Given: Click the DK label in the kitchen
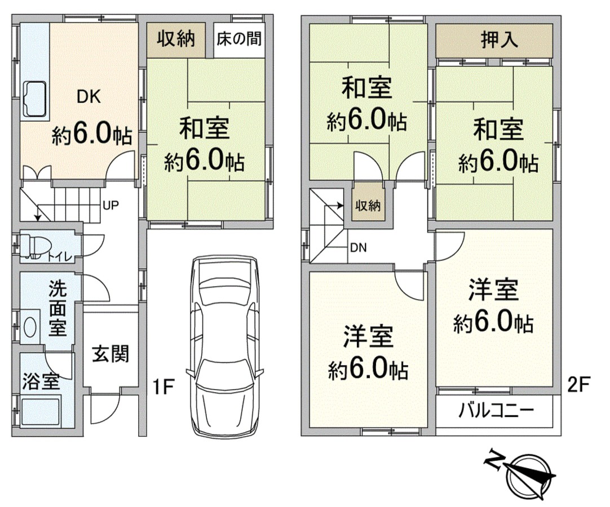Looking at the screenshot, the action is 89,97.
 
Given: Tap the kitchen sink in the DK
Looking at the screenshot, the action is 36,99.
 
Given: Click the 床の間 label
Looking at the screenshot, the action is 239,38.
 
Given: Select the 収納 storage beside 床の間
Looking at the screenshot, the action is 176,39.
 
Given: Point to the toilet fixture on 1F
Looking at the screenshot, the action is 36,246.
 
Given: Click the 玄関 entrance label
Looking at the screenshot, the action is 110,354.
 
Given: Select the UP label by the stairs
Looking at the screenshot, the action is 111,205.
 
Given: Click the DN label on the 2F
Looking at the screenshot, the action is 359,248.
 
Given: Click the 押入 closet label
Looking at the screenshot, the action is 500,40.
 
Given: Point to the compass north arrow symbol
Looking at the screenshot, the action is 529,475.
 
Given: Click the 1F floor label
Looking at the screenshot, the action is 162,386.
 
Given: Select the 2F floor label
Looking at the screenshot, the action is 579,385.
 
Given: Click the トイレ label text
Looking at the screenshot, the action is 60,257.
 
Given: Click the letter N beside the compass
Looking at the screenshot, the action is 494,460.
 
